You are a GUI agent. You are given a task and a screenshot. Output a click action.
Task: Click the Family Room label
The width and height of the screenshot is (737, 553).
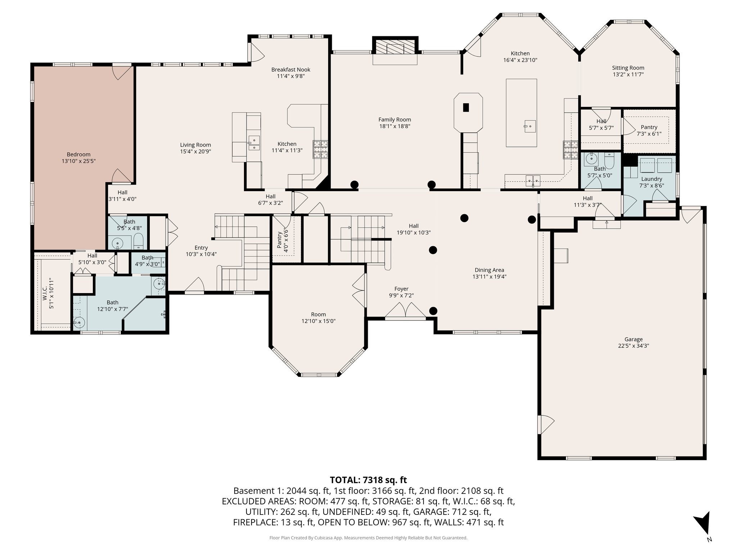click(394, 120)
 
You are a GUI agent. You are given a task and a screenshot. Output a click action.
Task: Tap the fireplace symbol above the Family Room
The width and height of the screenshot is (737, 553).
click(395, 46)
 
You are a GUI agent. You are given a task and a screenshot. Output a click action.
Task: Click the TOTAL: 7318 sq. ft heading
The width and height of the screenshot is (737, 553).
click(368, 480)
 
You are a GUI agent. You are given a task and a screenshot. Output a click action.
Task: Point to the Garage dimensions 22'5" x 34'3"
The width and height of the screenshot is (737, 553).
click(633, 346)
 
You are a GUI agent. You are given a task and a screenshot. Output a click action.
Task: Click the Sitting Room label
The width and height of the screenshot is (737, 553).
click(628, 68)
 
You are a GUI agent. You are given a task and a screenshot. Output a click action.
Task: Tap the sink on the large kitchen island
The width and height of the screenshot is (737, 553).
click(529, 126)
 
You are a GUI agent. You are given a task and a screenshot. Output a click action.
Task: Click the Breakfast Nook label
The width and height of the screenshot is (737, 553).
click(290, 69)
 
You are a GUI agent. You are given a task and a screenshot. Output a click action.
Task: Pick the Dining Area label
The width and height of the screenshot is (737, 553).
click(489, 270)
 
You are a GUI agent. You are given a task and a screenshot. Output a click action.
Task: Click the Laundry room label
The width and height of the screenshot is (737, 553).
click(651, 179)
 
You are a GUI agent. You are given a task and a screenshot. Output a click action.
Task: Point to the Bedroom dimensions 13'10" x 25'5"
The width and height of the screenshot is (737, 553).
click(78, 161)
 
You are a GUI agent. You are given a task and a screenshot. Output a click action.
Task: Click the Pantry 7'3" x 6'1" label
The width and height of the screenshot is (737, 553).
click(649, 127)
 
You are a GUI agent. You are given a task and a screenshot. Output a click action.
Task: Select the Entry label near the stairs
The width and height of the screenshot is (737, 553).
click(201, 248)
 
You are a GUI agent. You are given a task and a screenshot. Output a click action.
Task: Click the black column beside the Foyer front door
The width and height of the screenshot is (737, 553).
click(433, 311)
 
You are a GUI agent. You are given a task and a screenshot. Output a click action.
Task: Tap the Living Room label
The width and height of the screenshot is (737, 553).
click(195, 145)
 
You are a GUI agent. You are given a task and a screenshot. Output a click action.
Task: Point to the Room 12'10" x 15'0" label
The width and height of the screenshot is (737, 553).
click(318, 314)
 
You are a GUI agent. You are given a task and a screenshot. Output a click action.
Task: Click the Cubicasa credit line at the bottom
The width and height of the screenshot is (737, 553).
click(368, 538)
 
